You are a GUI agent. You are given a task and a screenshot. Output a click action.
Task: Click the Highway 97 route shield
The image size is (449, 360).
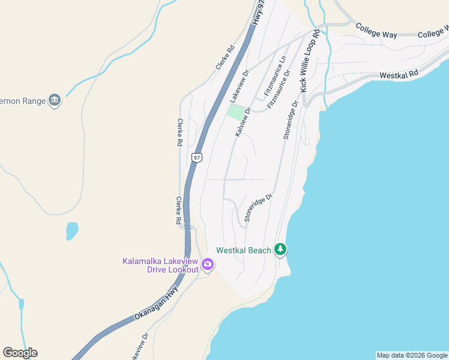(x=196, y=158)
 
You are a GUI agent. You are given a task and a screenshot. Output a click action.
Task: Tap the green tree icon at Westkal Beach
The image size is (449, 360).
(x=280, y=249)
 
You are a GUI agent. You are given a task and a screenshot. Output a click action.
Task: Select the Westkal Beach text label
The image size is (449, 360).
(x=244, y=250)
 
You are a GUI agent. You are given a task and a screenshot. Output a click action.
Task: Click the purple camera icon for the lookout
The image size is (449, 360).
(x=208, y=263)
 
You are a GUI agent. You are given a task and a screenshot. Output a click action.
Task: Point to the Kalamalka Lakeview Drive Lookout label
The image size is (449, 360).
(x=160, y=265)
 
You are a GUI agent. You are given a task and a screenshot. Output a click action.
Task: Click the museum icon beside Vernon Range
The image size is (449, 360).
(x=55, y=100)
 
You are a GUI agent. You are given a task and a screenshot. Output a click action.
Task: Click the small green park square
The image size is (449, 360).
(x=235, y=112)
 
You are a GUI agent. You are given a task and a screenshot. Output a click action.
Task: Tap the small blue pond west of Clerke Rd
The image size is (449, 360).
(x=72, y=230)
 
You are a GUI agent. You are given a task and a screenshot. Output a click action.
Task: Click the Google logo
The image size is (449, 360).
(x=20, y=353)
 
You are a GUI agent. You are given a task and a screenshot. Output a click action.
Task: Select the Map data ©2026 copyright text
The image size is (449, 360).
(x=412, y=355)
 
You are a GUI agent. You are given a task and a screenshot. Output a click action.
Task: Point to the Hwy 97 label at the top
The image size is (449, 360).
(x=258, y=11)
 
